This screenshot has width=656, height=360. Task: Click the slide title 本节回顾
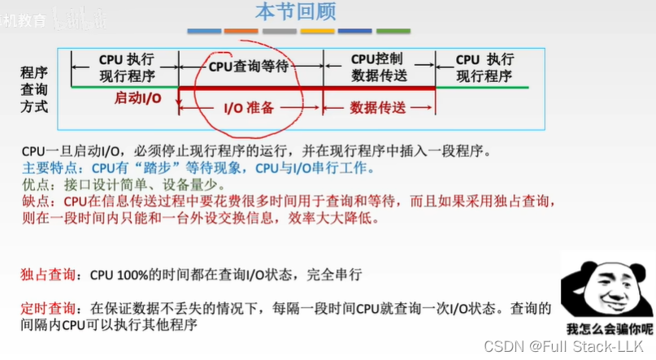tap(295, 12)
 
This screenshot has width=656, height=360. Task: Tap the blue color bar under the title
tap(203, 32)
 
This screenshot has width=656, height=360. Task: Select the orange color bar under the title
tap(241, 32)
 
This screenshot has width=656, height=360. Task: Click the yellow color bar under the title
tap(317, 32)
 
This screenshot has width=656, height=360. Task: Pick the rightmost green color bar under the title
tap(393, 32)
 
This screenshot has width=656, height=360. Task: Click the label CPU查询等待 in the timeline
tap(249, 67)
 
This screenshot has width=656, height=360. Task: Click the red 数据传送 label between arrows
tap(377, 107)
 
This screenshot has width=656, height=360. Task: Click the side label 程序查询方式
tap(34, 89)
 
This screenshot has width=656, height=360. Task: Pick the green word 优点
tap(34, 184)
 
